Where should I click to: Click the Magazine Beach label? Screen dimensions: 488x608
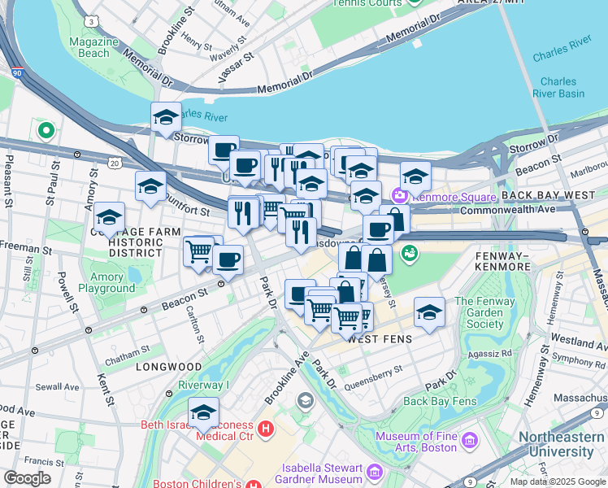pos(89,47)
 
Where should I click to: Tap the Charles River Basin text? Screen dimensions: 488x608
pos(558,87)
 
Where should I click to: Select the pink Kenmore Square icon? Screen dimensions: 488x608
pos(399,196)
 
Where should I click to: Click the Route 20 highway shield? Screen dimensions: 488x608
pos(114,163)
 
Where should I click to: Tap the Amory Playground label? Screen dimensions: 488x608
pos(106,283)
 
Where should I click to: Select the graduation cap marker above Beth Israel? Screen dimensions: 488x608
pos(203,412)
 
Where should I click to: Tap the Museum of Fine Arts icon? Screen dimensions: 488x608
pos(469,441)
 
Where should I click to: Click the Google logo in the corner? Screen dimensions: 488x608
pos(27,478)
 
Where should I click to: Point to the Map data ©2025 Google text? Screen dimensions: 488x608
pos(557,481)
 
